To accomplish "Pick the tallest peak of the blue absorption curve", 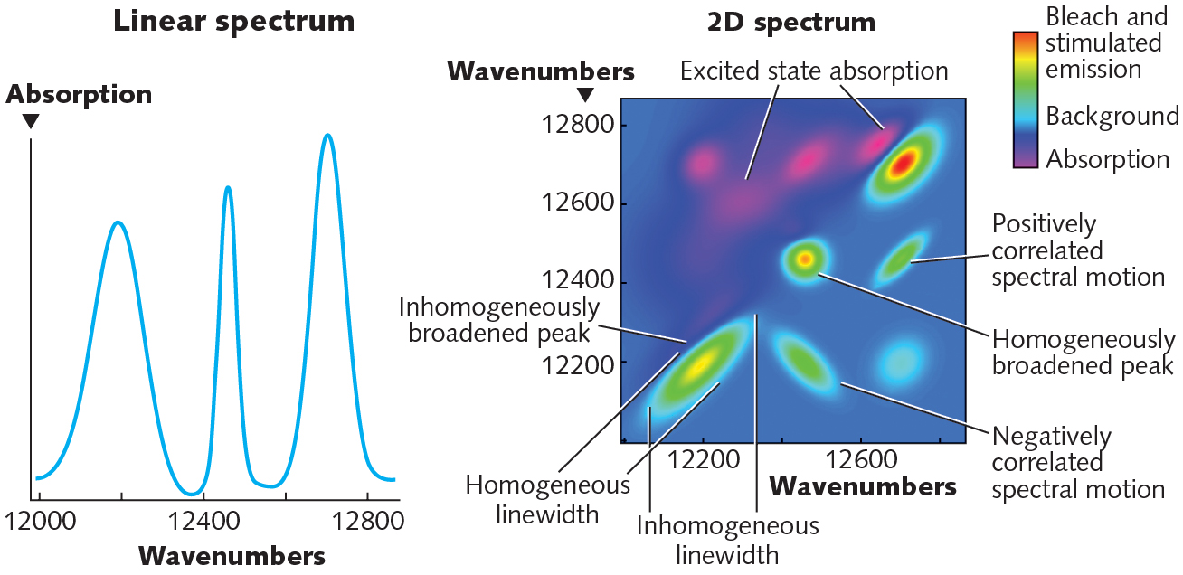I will pyautogui.click(x=327, y=137).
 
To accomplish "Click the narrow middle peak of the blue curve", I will pyautogui.click(x=227, y=189).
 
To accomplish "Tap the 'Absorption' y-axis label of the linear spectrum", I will pyautogui.click(x=79, y=94).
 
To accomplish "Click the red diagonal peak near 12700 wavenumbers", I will pyautogui.click(x=902, y=164).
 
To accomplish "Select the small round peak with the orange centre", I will pyautogui.click(x=804, y=259).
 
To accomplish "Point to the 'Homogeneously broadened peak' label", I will pyautogui.click(x=1083, y=353).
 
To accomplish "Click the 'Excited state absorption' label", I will pyautogui.click(x=814, y=71).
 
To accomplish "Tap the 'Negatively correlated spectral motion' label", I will pyautogui.click(x=1077, y=463).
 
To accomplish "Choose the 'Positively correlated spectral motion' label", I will pyautogui.click(x=1077, y=250).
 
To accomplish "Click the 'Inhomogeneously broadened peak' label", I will pyautogui.click(x=498, y=320).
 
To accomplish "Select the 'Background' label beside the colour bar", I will pyautogui.click(x=1112, y=116).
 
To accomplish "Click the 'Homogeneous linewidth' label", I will pyautogui.click(x=547, y=499).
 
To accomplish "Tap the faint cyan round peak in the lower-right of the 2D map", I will pyautogui.click(x=901, y=363).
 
